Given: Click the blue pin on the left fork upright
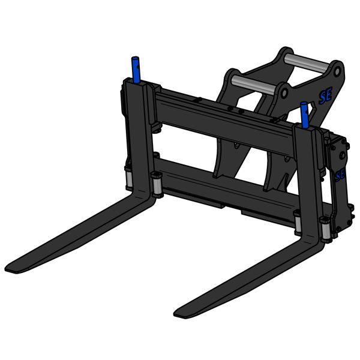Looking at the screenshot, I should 136,70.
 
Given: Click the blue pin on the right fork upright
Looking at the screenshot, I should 305,114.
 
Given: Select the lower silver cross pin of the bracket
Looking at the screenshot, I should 253,83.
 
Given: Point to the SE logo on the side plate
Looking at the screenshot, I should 340,174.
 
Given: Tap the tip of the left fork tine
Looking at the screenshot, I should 13,267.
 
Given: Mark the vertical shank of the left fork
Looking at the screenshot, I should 140,138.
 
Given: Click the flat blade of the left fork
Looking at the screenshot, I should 78,231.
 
